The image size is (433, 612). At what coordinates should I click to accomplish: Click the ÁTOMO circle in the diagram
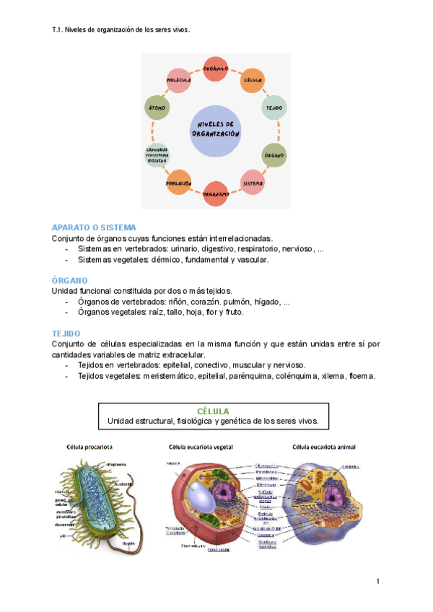(157, 108)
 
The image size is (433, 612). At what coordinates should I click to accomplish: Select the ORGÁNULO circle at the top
(216, 68)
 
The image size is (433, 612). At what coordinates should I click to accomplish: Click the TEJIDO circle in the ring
(274, 108)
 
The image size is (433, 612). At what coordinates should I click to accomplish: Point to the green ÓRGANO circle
(274, 154)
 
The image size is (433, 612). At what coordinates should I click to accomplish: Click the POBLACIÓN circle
(178, 183)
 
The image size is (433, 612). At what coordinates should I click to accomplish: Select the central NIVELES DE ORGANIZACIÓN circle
(216, 131)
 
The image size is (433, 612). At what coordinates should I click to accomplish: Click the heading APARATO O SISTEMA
(94, 227)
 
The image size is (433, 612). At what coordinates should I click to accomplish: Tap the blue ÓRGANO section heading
(70, 279)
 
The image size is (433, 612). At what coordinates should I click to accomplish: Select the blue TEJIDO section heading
(66, 333)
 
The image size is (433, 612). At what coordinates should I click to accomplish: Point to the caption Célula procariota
(89, 446)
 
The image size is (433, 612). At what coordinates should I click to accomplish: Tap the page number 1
(377, 582)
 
